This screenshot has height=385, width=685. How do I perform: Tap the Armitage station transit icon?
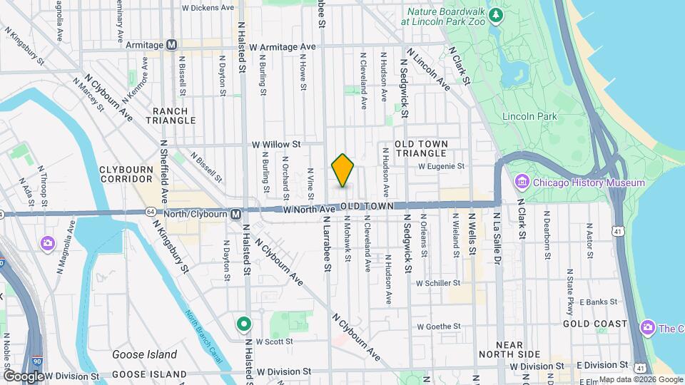click(171, 45)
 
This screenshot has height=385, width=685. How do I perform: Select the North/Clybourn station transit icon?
click(235, 213)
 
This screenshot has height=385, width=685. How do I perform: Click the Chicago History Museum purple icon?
click(522, 183)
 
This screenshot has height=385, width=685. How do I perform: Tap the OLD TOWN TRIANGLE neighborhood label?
click(422, 148)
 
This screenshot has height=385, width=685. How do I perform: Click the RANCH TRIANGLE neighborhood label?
click(170, 115)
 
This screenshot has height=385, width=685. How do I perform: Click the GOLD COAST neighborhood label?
click(594, 324)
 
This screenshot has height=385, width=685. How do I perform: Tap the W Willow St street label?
click(277, 144)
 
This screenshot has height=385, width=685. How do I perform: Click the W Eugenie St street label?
click(441, 166)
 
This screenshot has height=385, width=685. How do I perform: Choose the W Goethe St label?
click(439, 326)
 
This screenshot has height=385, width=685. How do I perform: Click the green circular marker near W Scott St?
click(244, 324)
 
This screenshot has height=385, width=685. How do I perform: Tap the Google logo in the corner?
click(24, 376)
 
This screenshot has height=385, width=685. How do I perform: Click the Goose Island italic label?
click(145, 354)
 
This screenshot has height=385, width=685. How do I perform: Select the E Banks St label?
click(599, 302)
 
